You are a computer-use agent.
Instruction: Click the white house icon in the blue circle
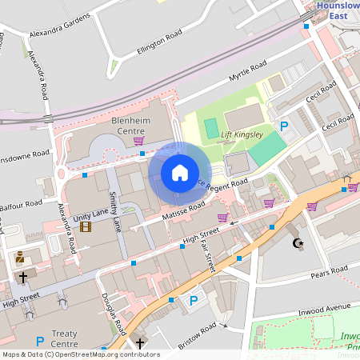tap(180, 173)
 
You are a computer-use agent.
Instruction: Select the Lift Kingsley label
tap(241, 134)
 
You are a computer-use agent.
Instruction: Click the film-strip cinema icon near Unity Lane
tap(86, 227)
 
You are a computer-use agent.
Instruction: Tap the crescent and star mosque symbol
tap(299, 242)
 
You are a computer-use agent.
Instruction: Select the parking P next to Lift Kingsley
tap(284, 126)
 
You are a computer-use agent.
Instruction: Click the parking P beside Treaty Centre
tap(40, 341)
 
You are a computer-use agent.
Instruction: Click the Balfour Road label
tap(21, 206)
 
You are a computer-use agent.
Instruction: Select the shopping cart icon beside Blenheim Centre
tap(138, 141)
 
